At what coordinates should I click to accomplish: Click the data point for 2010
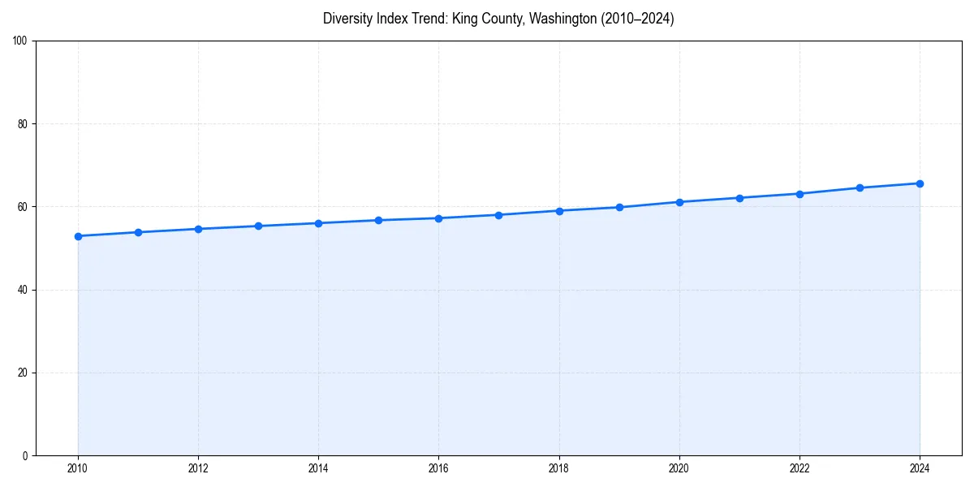click(78, 236)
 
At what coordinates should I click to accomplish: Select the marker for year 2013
click(258, 226)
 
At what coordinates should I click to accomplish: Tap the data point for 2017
click(498, 215)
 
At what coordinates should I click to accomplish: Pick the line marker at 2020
click(679, 202)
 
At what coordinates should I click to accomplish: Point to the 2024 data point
click(920, 183)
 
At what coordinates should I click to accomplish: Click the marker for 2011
click(138, 232)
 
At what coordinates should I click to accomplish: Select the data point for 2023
click(860, 187)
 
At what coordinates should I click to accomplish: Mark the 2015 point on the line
click(378, 220)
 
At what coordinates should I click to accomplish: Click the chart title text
click(498, 19)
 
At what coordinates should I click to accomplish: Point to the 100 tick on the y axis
click(20, 41)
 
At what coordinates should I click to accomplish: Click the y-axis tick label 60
click(23, 207)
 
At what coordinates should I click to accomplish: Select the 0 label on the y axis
click(25, 455)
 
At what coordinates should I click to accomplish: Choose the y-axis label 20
click(23, 373)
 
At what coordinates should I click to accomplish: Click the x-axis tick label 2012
click(198, 468)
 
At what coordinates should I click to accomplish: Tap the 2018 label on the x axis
click(558, 468)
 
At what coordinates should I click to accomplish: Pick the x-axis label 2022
click(799, 468)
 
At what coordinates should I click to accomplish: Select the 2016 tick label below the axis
click(438, 468)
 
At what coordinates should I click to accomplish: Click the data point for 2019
click(619, 207)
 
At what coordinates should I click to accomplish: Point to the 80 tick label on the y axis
click(23, 124)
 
